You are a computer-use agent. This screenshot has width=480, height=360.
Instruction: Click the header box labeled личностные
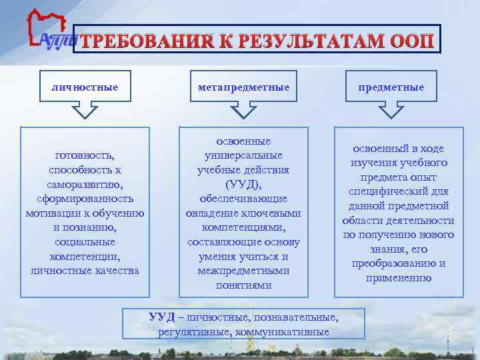[85, 87]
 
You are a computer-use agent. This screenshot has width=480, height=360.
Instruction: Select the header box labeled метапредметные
[243, 87]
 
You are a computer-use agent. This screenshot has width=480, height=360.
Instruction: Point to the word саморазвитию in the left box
[85, 184]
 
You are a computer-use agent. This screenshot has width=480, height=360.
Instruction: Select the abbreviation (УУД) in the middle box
[243, 184]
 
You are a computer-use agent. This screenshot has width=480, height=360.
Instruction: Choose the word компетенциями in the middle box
[243, 227]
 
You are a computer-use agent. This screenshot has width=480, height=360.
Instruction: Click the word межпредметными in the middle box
[243, 271]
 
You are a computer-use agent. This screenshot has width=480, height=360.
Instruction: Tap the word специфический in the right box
[399, 192]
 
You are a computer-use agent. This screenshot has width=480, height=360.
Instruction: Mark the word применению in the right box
[399, 278]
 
